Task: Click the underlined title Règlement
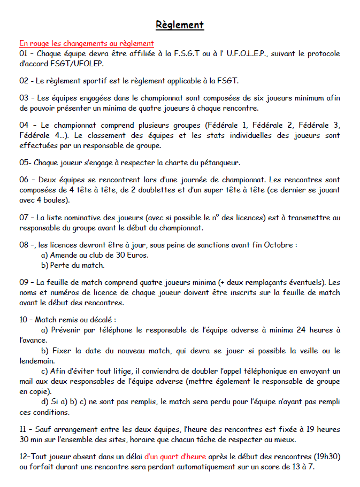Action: pyautogui.click(x=180, y=25)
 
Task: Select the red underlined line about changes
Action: pyautogui.click(x=87, y=43)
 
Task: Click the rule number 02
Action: pyautogui.click(x=24, y=81)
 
